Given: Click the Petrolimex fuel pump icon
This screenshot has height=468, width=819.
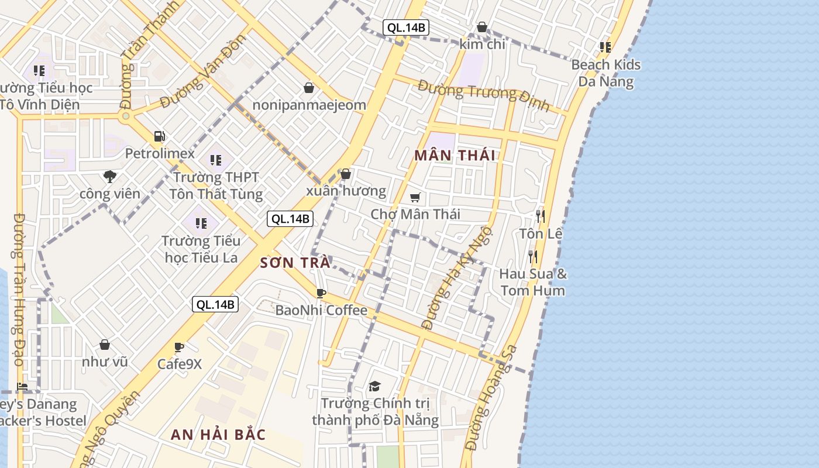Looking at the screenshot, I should click(x=159, y=137).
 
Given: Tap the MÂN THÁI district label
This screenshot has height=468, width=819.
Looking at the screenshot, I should click(x=455, y=155).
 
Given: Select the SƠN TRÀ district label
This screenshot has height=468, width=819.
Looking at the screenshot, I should click(x=295, y=263).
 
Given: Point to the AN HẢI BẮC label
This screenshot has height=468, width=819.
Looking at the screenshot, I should click(x=218, y=435).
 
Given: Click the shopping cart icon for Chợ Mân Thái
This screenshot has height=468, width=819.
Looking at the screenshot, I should click(x=415, y=198).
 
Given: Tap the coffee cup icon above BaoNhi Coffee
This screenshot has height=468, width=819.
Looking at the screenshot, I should click(x=321, y=293).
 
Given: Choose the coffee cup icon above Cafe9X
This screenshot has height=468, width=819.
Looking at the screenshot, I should click(x=179, y=347).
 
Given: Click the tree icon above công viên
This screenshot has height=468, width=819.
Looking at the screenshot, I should click(x=109, y=177).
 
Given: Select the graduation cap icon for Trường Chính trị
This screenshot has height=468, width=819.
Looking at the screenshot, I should click(x=374, y=386).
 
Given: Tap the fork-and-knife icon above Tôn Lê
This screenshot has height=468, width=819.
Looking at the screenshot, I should click(x=541, y=216).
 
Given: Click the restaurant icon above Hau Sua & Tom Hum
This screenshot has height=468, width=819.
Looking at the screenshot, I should click(x=532, y=256).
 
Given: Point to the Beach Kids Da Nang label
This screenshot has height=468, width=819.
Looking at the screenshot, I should click(x=605, y=73).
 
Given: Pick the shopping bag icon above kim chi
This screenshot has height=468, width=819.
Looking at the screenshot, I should click(x=482, y=27).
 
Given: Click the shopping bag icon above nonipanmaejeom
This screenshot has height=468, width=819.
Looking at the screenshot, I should click(x=309, y=88).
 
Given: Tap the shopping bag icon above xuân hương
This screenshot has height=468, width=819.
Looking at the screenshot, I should click(x=346, y=174).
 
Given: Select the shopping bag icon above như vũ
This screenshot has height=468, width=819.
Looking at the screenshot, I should click(x=105, y=345).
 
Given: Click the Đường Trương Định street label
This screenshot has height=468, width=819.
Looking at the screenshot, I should click(x=483, y=95).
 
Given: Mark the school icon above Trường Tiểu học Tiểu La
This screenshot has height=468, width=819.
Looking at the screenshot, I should click(x=201, y=223).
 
